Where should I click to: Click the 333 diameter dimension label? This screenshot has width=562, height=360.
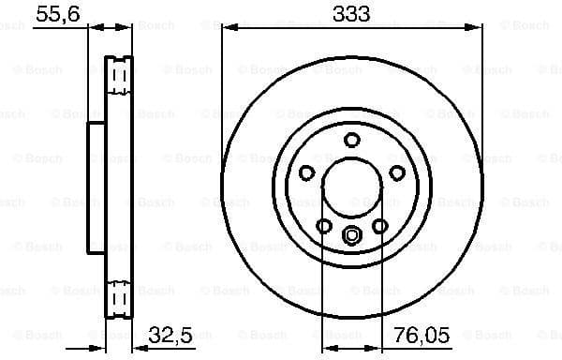[x=352, y=13]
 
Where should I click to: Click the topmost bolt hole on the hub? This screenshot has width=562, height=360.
[x=352, y=140]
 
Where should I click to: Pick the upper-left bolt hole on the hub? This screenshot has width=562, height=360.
[x=306, y=172]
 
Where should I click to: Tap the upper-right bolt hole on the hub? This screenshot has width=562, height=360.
[x=397, y=172]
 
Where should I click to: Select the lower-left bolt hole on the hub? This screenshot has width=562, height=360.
[x=324, y=226]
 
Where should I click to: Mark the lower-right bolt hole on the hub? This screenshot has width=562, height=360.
[x=380, y=226]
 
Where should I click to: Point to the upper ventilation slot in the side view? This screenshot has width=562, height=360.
[x=118, y=75]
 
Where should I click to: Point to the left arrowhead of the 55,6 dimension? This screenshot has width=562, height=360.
[x=92, y=29]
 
